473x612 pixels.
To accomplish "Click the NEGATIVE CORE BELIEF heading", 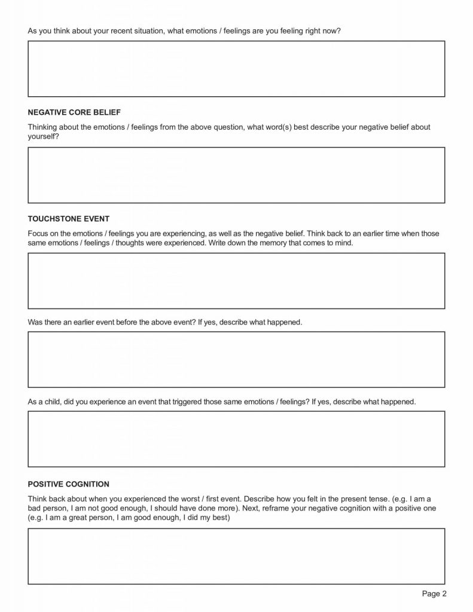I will point(74,112).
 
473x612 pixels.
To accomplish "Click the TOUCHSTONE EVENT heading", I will point(69,218).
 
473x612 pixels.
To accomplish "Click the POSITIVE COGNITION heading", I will point(69,484).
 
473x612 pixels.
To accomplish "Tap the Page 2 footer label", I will point(434,593).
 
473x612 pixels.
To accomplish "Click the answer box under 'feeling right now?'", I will point(236,69).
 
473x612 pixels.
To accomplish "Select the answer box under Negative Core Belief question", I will point(236,175).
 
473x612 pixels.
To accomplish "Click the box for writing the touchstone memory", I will point(236,280).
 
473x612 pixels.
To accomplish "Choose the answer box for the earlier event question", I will point(236,359).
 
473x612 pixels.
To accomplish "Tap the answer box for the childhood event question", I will point(236,439).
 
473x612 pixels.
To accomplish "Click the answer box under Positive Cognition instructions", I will point(236,556).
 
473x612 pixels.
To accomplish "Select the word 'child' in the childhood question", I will point(53,402).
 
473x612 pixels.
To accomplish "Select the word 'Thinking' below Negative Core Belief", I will point(42,127).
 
